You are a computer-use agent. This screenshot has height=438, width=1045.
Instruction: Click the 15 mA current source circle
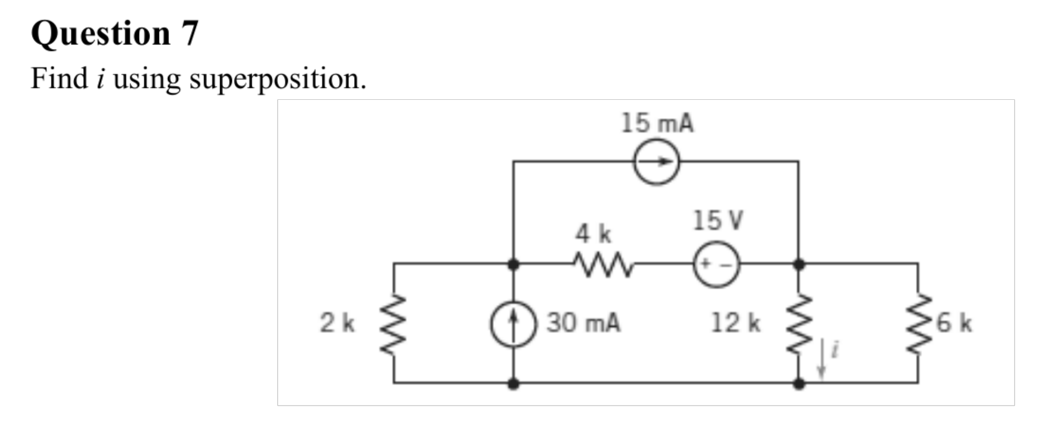656,162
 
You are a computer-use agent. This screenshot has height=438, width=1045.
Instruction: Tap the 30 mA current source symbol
513,324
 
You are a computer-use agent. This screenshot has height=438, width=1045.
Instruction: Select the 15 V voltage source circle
716,264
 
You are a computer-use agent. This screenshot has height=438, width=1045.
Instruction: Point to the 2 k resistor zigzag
394,324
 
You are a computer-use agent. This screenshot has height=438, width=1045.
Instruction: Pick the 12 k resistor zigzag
799,324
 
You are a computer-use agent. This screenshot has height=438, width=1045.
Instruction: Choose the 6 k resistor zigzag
918,324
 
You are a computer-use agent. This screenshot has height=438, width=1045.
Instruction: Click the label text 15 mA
657,123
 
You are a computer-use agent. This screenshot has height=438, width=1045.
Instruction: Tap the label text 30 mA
583,323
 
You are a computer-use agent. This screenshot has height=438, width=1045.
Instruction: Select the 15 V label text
717,220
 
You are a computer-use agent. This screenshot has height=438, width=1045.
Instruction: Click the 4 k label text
593,233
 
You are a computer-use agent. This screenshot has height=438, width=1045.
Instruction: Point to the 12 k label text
735,323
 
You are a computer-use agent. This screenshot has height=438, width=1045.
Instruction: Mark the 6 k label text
954,323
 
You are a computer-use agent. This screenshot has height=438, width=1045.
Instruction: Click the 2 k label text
337,323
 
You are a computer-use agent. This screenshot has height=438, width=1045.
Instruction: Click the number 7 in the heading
189,34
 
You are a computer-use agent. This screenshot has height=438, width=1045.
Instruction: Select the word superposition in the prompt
277,79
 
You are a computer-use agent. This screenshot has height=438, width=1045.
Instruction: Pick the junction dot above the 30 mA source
513,264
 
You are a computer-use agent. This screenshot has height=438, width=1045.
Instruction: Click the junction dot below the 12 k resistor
799,384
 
